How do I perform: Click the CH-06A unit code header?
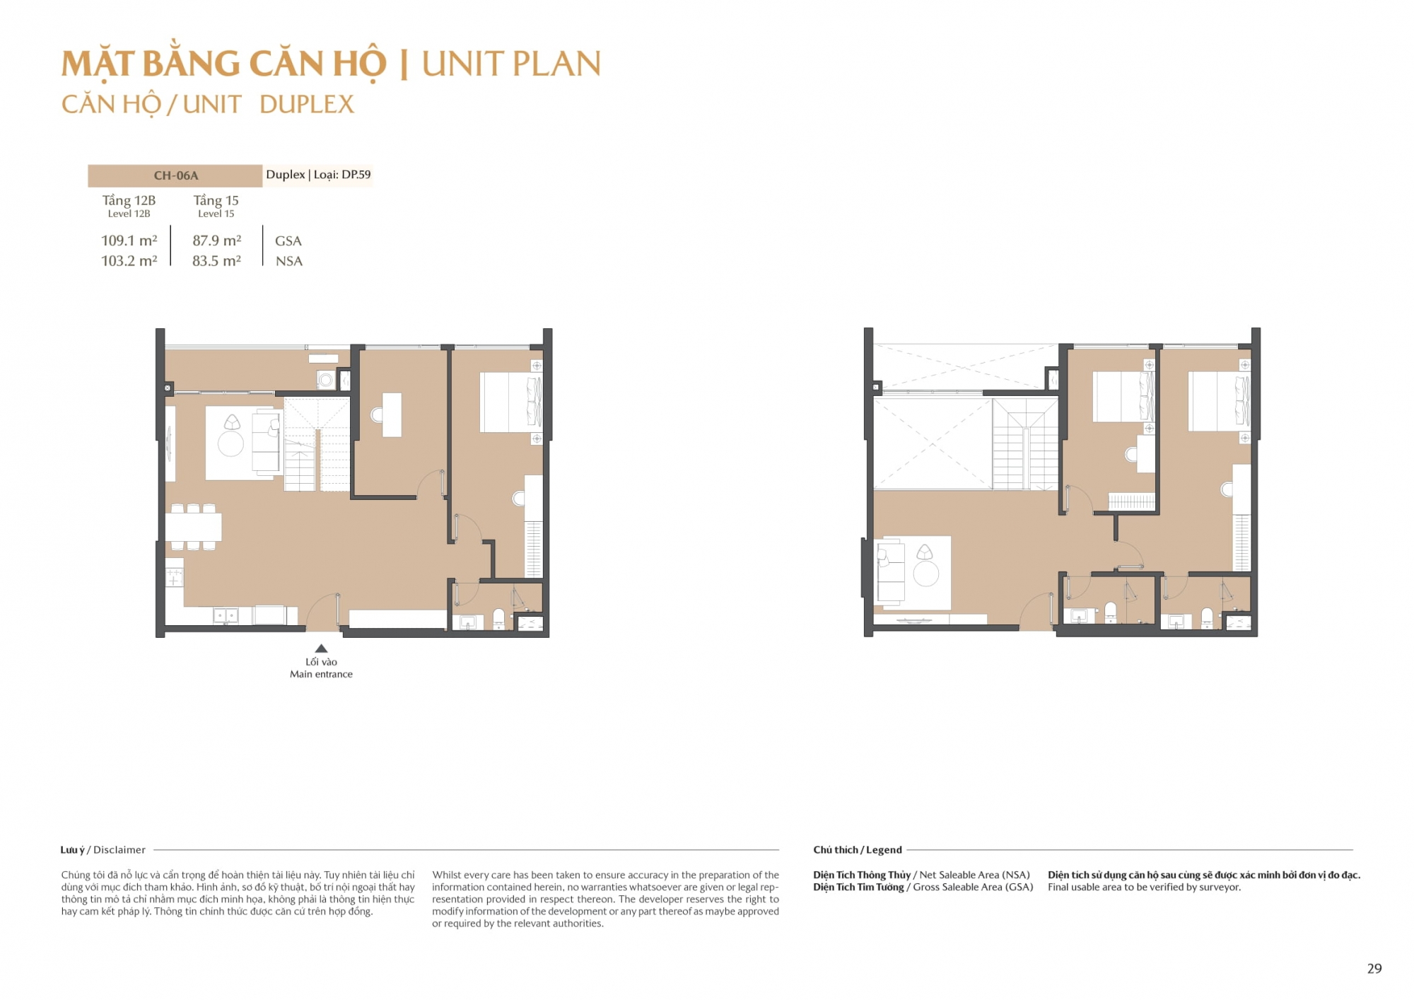(176, 175)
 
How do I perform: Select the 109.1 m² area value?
(129, 240)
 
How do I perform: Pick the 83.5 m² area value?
(216, 260)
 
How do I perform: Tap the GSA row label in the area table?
(288, 241)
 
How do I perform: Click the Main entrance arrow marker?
(321, 648)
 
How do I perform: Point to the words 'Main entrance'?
(321, 674)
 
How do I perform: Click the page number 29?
(1374, 968)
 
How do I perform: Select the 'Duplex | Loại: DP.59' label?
(318, 175)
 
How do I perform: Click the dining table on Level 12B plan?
(193, 527)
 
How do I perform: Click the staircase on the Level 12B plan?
(317, 445)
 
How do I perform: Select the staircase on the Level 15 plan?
(1025, 444)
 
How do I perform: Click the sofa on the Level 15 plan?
(891, 571)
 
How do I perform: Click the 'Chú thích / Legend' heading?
(858, 849)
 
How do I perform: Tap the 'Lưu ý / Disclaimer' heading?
(103, 849)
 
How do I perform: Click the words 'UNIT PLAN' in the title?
(511, 64)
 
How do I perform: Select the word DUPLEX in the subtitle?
(307, 105)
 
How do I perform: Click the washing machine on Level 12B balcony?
(326, 380)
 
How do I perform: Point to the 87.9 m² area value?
(217, 240)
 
